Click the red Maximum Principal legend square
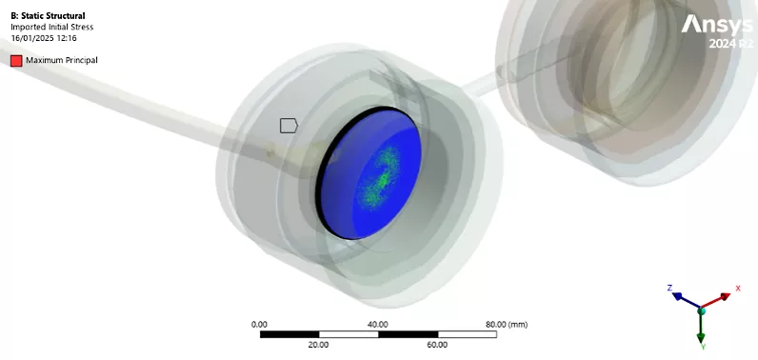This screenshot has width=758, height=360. pyautogui.click(x=16, y=60)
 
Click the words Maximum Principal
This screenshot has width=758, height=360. pyautogui.click(x=62, y=60)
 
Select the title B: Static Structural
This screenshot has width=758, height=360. pyautogui.click(x=48, y=16)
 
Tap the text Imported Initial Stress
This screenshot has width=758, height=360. pyautogui.click(x=52, y=27)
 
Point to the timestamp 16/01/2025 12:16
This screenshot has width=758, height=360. pyautogui.click(x=44, y=38)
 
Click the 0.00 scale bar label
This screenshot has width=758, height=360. pyautogui.click(x=260, y=324)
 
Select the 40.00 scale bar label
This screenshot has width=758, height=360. pyautogui.click(x=378, y=324)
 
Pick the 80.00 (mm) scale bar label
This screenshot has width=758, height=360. pyautogui.click(x=507, y=324)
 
